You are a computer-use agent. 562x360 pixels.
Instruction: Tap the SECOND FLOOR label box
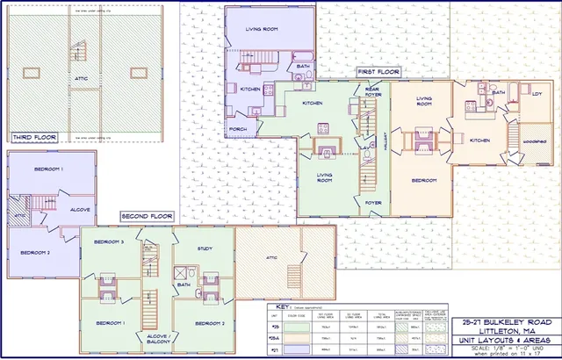(x=147, y=216)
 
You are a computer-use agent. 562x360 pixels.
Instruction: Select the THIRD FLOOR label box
(x=34, y=137)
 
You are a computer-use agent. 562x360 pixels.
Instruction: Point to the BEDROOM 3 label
(x=108, y=241)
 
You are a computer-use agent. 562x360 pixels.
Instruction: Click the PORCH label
(x=237, y=130)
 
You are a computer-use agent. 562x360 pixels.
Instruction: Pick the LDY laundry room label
(x=537, y=94)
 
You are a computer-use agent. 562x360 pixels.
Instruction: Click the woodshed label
(x=531, y=140)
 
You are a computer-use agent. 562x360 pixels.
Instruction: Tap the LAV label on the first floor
(x=364, y=148)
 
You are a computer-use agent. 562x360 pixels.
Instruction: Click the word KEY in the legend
(x=283, y=306)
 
